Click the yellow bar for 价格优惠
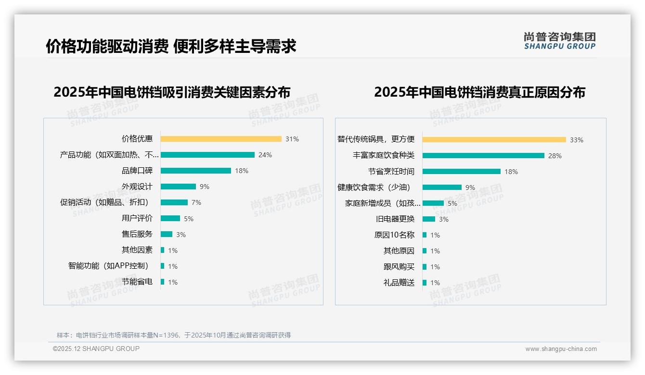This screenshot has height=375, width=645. [221, 139]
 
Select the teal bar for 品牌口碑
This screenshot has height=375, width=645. [195, 171]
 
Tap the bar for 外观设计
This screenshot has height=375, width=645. [178, 187]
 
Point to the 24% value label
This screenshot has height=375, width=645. [265, 155]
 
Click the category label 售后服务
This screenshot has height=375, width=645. [137, 234]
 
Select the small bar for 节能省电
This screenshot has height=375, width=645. [163, 282]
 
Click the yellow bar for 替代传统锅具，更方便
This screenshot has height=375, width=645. [494, 140]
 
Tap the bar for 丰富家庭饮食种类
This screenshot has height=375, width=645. [483, 156]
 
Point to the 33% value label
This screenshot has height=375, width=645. [577, 140]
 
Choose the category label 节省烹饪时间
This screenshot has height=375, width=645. [391, 172]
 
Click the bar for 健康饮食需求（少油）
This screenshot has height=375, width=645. [442, 187]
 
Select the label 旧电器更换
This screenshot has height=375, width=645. [395, 219]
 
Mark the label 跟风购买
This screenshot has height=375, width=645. [399, 267]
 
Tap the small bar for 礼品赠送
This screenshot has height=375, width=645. [425, 283]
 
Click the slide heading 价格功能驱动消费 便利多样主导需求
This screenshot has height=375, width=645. [171, 46]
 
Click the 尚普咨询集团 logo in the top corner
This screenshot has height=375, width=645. [560, 41]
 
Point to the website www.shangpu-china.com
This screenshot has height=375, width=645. [561, 349]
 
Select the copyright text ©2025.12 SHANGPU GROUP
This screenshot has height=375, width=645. [96, 349]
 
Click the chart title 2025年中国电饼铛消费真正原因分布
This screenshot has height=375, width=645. [479, 92]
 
